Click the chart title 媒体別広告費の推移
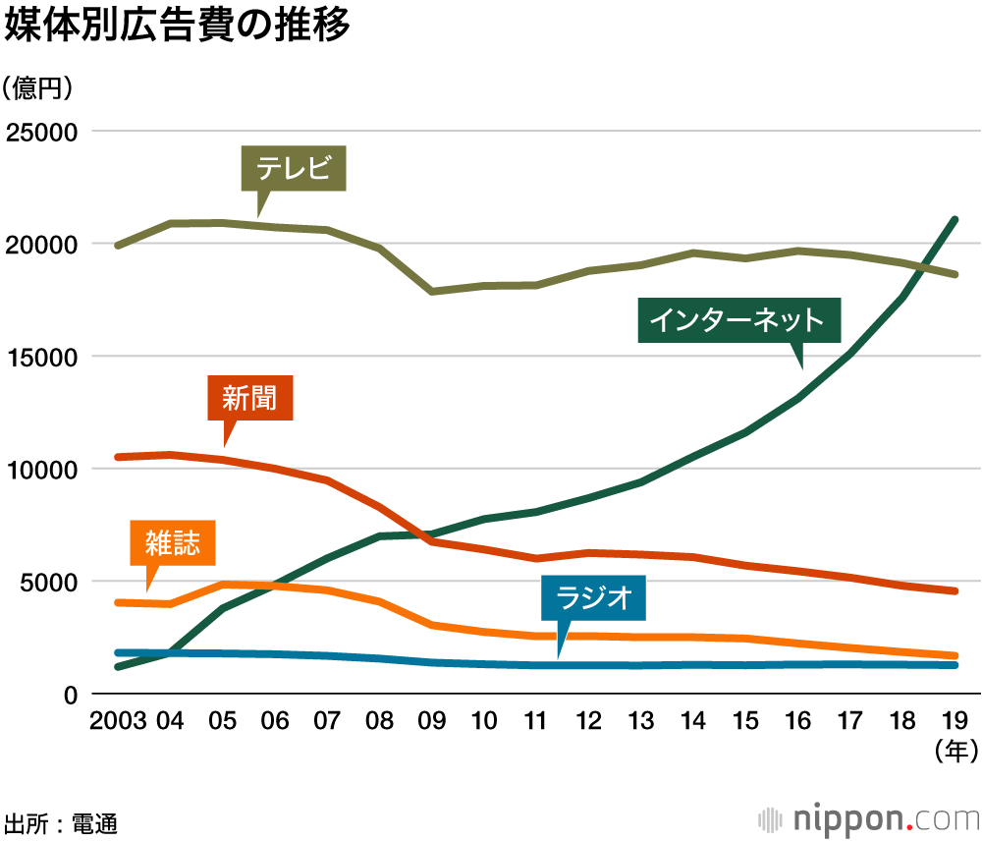click(178, 27)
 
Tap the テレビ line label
click(294, 169)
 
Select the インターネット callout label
click(738, 319)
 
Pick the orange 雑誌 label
click(173, 543)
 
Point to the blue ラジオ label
click(593, 598)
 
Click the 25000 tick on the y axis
click(42, 132)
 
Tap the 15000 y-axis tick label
click(42, 357)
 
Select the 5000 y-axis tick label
click(49, 582)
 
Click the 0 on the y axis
click(71, 695)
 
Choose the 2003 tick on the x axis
click(118, 722)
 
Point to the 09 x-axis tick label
click(431, 722)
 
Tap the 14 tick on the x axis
click(692, 722)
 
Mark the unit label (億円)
click(38, 87)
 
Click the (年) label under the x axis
click(954, 753)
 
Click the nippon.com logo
click(868, 818)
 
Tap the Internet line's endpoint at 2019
click(955, 220)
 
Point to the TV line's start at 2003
click(118, 246)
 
